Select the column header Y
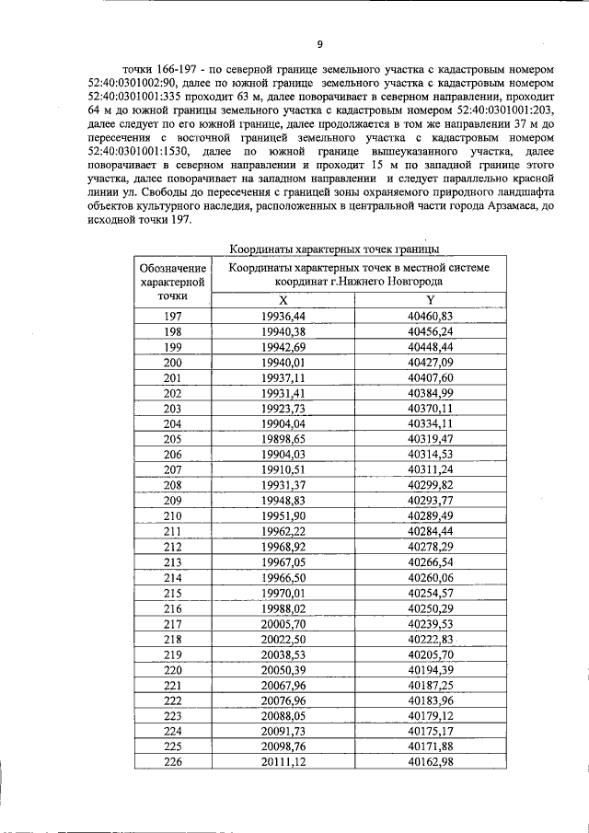[x=430, y=300]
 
